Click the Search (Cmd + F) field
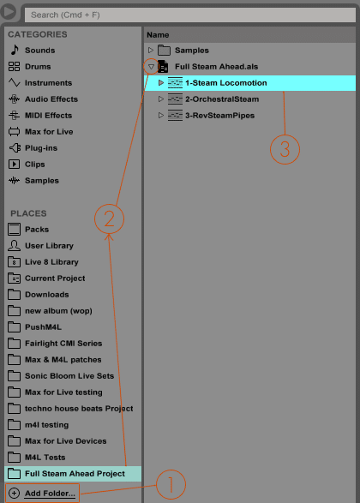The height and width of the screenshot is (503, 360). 190,15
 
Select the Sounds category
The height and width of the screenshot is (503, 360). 39,51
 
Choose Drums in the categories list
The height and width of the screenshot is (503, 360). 38,67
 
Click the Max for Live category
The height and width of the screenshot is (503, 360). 49,132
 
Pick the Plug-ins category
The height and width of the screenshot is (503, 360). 41,148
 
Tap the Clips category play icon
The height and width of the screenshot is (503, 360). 14,165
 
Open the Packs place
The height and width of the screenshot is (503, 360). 37,230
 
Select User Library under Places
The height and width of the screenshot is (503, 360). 49,246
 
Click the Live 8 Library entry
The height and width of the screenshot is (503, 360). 51,262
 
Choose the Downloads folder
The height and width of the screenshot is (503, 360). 47,295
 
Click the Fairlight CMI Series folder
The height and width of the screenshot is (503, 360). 63,344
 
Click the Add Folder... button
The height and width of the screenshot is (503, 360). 42,493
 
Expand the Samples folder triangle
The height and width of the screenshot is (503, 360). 151,51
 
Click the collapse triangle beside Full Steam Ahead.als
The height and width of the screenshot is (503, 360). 151,67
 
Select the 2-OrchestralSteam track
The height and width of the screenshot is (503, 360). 222,99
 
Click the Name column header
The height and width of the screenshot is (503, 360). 158,35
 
